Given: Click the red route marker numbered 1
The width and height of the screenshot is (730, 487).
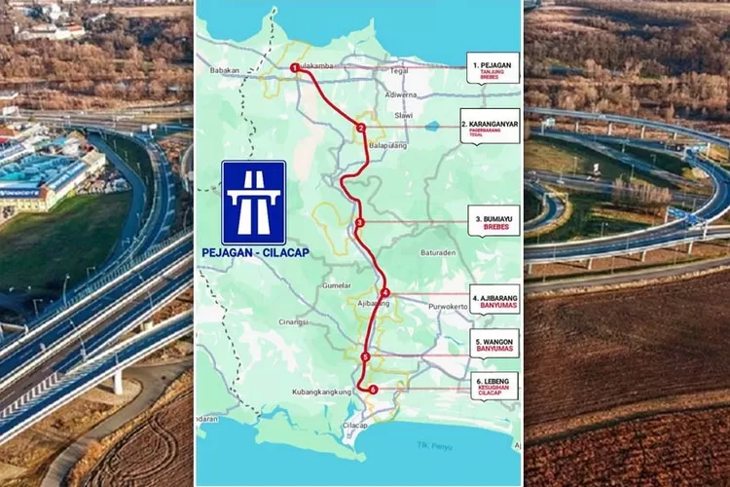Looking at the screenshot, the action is click(x=294, y=67).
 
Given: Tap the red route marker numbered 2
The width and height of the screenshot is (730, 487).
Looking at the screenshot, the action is click(x=360, y=128).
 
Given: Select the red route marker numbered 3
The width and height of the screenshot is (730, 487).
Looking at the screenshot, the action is click(x=360, y=222).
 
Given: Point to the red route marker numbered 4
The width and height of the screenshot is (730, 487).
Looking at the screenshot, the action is click(x=384, y=292).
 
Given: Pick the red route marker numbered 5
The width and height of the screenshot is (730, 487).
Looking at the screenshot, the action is click(x=364, y=357).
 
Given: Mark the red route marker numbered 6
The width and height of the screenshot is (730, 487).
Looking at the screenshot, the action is click(x=373, y=390).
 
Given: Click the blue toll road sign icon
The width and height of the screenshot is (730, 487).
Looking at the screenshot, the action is click(x=254, y=202).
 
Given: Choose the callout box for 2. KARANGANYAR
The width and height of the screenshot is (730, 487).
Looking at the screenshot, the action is click(x=490, y=126).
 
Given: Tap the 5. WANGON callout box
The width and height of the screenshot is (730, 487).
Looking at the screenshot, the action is click(x=493, y=343).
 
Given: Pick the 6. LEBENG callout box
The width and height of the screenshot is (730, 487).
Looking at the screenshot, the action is click(x=493, y=387).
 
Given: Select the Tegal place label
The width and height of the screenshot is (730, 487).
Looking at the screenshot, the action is click(x=397, y=70).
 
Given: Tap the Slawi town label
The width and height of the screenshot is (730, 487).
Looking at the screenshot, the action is click(x=403, y=115).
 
